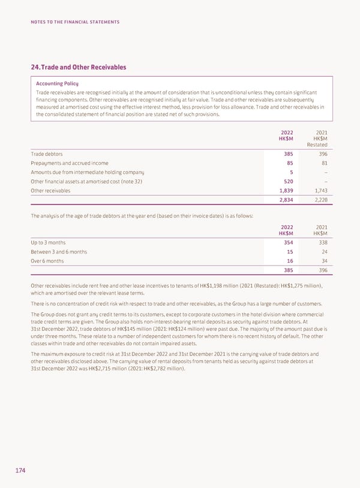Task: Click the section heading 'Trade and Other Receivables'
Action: (82, 67)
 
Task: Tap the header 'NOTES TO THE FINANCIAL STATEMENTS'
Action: (76, 22)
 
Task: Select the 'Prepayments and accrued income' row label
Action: (70, 163)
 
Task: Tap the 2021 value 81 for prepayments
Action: (323, 163)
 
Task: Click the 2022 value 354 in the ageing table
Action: (287, 242)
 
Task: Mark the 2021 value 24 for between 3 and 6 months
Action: (323, 252)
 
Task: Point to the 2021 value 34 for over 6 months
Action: (323, 261)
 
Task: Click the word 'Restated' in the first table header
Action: (317, 144)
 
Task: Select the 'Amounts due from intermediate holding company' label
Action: (87, 172)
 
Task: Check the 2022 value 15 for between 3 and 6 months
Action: (289, 252)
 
